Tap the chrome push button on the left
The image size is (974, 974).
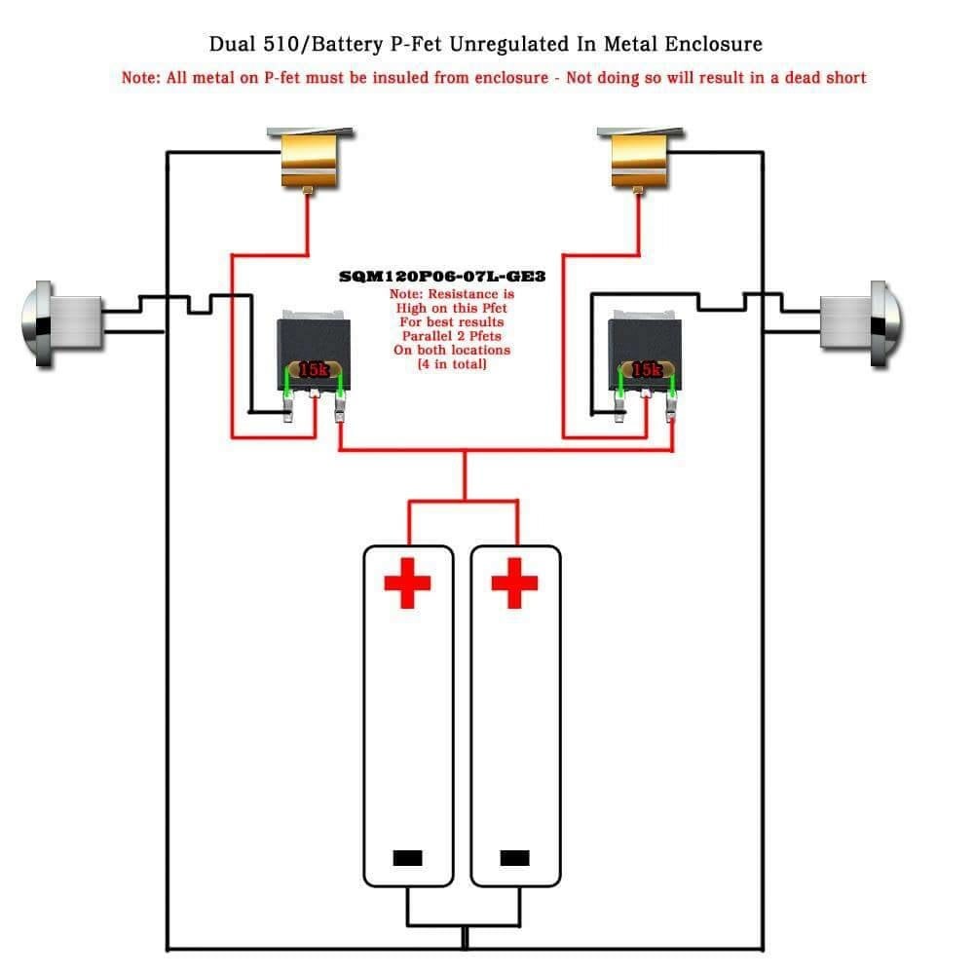(x=64, y=323)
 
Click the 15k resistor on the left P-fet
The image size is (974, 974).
(x=314, y=370)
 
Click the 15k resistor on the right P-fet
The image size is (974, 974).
(x=646, y=370)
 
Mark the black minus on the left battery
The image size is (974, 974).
(x=408, y=858)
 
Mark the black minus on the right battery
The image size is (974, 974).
(x=514, y=858)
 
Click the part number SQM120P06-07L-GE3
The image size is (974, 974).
(x=442, y=277)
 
